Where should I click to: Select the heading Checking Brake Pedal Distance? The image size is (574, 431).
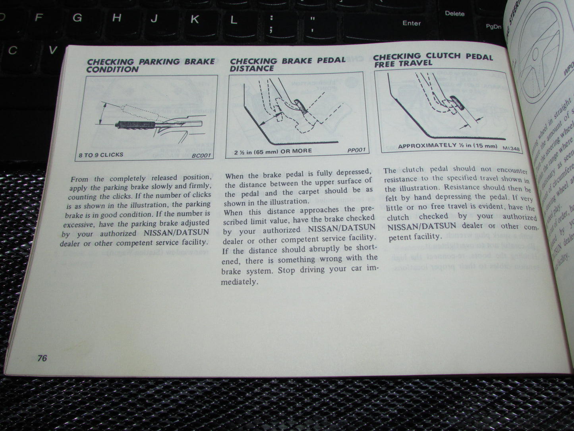coord(287,64)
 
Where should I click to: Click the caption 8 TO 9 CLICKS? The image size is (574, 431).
coord(101,154)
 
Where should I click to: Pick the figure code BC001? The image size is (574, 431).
coord(201,155)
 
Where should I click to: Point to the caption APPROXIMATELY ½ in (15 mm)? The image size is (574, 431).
coord(447,146)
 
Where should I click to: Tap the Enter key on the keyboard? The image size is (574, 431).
coord(412,23)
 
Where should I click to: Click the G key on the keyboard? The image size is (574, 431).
coord(77,17)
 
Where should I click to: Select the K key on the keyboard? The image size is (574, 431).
coord(195,19)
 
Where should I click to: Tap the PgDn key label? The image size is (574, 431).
coord(494,27)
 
